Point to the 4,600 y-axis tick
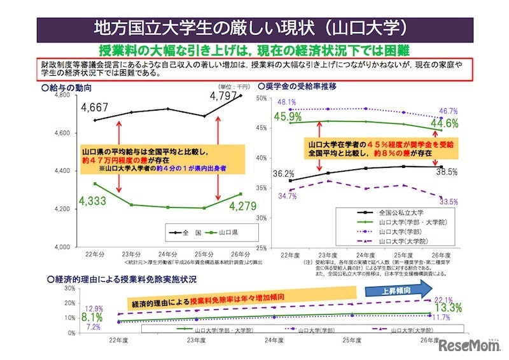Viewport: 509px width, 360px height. point(63,132)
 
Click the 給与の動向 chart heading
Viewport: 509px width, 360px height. point(68,86)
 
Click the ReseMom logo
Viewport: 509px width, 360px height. point(468,346)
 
